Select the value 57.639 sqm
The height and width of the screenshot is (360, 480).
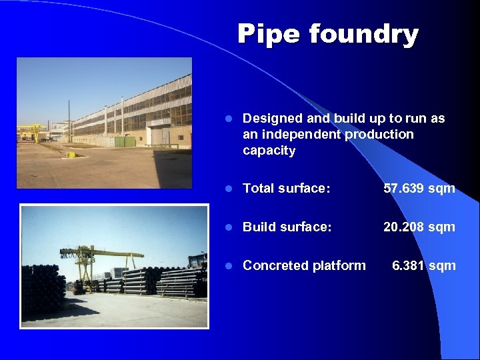419,189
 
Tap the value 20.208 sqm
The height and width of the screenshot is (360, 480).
419,227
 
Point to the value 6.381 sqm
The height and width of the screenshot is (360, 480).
424,266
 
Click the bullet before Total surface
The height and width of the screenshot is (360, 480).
227,189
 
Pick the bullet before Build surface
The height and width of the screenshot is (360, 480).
227,227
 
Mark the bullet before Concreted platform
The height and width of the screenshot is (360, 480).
227,266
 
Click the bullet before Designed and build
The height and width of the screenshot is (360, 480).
227,119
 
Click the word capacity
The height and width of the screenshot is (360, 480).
269,151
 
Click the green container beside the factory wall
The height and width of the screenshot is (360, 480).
125,141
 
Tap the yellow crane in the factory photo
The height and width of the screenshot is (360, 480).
33,131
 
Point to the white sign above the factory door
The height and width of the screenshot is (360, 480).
159,122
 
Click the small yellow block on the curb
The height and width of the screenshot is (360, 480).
70,155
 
